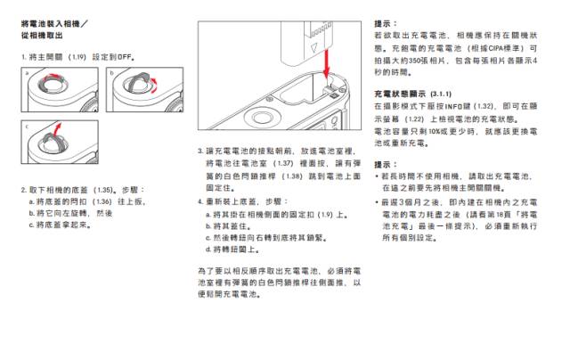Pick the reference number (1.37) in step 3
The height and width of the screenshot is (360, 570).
[x=283, y=165]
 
